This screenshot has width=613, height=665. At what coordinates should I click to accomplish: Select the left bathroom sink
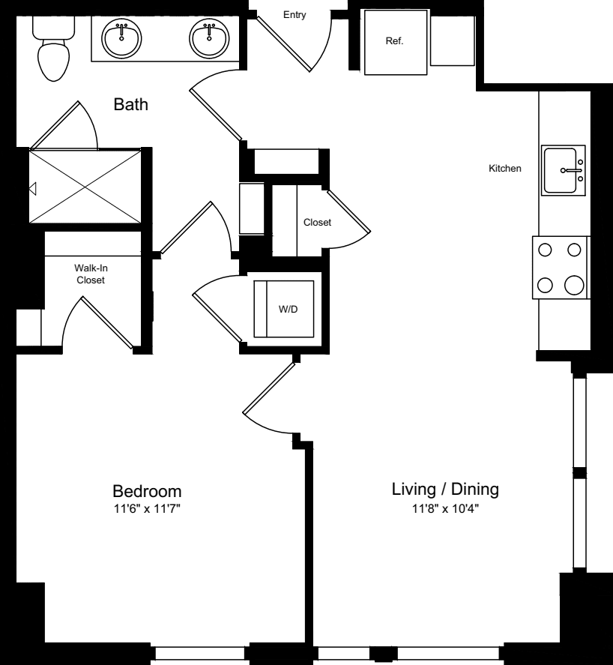pos(121,38)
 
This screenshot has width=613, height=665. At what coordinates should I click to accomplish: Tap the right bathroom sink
pos(209,38)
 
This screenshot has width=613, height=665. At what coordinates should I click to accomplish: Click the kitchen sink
pos(564,170)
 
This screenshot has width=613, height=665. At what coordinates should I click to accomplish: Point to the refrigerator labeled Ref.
pos(396,43)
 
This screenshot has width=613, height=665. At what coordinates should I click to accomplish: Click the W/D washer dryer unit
pos(284,309)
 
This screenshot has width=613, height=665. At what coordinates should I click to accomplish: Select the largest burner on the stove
pos(575,285)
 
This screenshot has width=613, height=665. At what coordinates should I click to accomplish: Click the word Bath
pos(131,104)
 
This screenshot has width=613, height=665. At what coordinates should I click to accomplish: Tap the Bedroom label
pos(147,491)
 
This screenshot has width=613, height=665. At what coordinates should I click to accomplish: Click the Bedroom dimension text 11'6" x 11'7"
pos(147,508)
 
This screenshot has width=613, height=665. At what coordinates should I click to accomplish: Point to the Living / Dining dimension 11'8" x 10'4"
pos(446,508)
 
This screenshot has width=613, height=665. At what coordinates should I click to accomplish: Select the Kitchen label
pos(505,169)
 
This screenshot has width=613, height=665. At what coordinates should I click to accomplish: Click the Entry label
pos(295,15)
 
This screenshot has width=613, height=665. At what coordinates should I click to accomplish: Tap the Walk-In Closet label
pos(91,274)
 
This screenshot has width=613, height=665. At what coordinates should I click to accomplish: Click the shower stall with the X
pos(85,186)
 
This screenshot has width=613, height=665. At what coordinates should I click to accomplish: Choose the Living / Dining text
pos(445,489)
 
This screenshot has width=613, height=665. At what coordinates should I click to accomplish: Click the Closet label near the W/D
pos(317,222)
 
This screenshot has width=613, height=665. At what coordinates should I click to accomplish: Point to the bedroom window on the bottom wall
pos(200,653)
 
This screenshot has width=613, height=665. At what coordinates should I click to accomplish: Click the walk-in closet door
pos(107,322)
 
